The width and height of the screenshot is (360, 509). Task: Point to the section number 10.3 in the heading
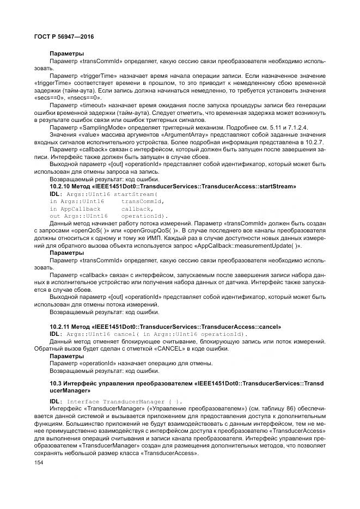point(56,384)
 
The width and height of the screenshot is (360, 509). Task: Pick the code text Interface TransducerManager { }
point(125,401)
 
